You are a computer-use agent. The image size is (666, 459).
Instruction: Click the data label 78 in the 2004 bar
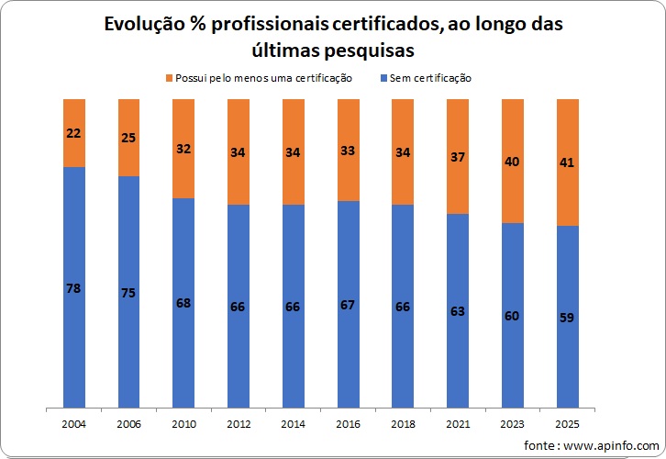(x=74, y=288)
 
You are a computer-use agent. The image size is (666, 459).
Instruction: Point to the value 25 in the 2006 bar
(x=128, y=138)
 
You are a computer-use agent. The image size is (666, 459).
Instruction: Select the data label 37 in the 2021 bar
(x=458, y=157)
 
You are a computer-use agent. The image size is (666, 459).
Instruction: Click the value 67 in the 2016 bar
(x=348, y=304)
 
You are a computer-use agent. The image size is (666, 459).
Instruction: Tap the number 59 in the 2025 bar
(x=567, y=318)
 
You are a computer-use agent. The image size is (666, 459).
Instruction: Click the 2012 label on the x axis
(x=239, y=425)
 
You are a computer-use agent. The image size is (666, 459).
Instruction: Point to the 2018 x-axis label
(x=403, y=425)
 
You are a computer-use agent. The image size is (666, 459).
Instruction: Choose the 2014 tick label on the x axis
(x=294, y=425)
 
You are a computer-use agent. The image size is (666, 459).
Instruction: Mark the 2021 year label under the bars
(x=458, y=425)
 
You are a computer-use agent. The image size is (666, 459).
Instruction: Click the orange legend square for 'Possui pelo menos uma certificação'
(x=169, y=79)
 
